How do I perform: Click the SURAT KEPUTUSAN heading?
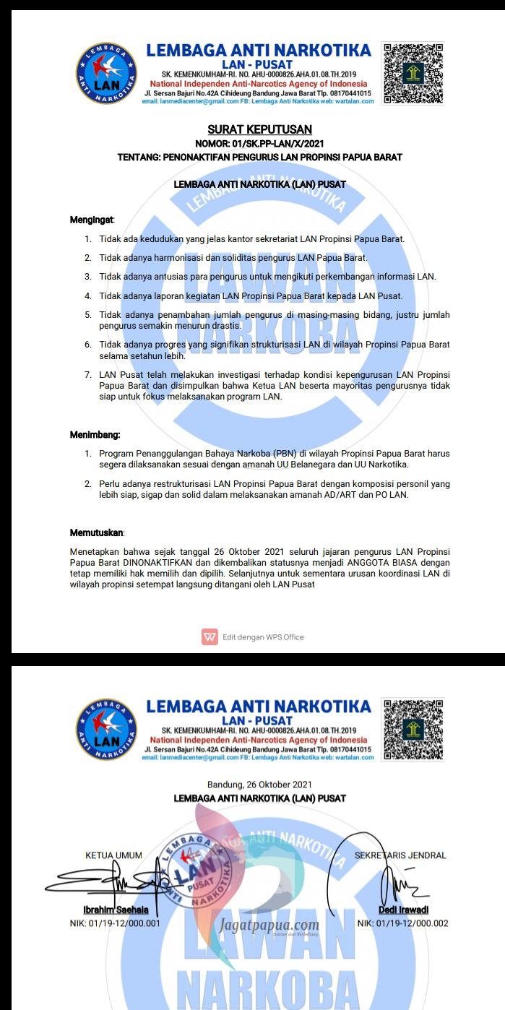pos(259,129)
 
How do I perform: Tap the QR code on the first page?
pos(413,74)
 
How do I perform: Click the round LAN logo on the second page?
pos(106,729)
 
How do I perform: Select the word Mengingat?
pos(92,219)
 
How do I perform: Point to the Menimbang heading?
pos(95,435)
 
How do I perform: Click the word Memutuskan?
pos(97,532)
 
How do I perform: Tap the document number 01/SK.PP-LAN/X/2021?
pos(274,144)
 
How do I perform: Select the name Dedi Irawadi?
pos(403,910)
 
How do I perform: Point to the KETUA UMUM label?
pos(113,855)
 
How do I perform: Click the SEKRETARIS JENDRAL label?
pos(400,855)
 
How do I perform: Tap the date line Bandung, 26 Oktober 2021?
pos(259,785)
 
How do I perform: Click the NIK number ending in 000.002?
pos(402,923)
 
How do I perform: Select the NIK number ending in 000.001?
pos(115,923)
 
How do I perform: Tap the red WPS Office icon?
pos(210,636)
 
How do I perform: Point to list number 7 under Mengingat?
pos(87,375)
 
